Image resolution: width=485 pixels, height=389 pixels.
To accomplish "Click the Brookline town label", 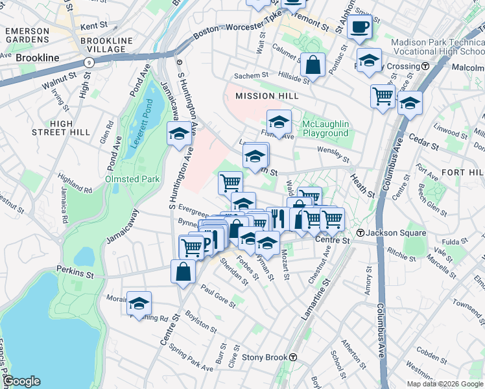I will (x=37, y=58).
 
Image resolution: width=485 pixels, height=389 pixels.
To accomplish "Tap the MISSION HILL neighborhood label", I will (x=266, y=96).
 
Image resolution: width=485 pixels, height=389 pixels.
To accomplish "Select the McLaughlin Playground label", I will (x=325, y=128).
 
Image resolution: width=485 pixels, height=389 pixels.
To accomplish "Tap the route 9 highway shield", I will (x=89, y=62).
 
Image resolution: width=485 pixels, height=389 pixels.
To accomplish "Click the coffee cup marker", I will (x=359, y=27).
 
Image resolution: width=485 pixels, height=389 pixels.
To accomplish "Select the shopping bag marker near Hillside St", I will (x=313, y=65).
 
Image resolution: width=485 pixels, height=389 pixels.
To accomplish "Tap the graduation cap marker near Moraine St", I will (x=139, y=303).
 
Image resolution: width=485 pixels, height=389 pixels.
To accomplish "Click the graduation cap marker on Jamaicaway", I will (x=180, y=134).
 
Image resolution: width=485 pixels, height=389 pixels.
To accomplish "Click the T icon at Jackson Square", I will (x=360, y=233).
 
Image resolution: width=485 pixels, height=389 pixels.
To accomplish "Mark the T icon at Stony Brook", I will (x=293, y=357).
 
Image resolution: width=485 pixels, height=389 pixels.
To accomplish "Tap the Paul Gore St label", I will (x=217, y=294).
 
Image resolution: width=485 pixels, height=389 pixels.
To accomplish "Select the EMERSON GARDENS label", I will (x=27, y=35).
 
